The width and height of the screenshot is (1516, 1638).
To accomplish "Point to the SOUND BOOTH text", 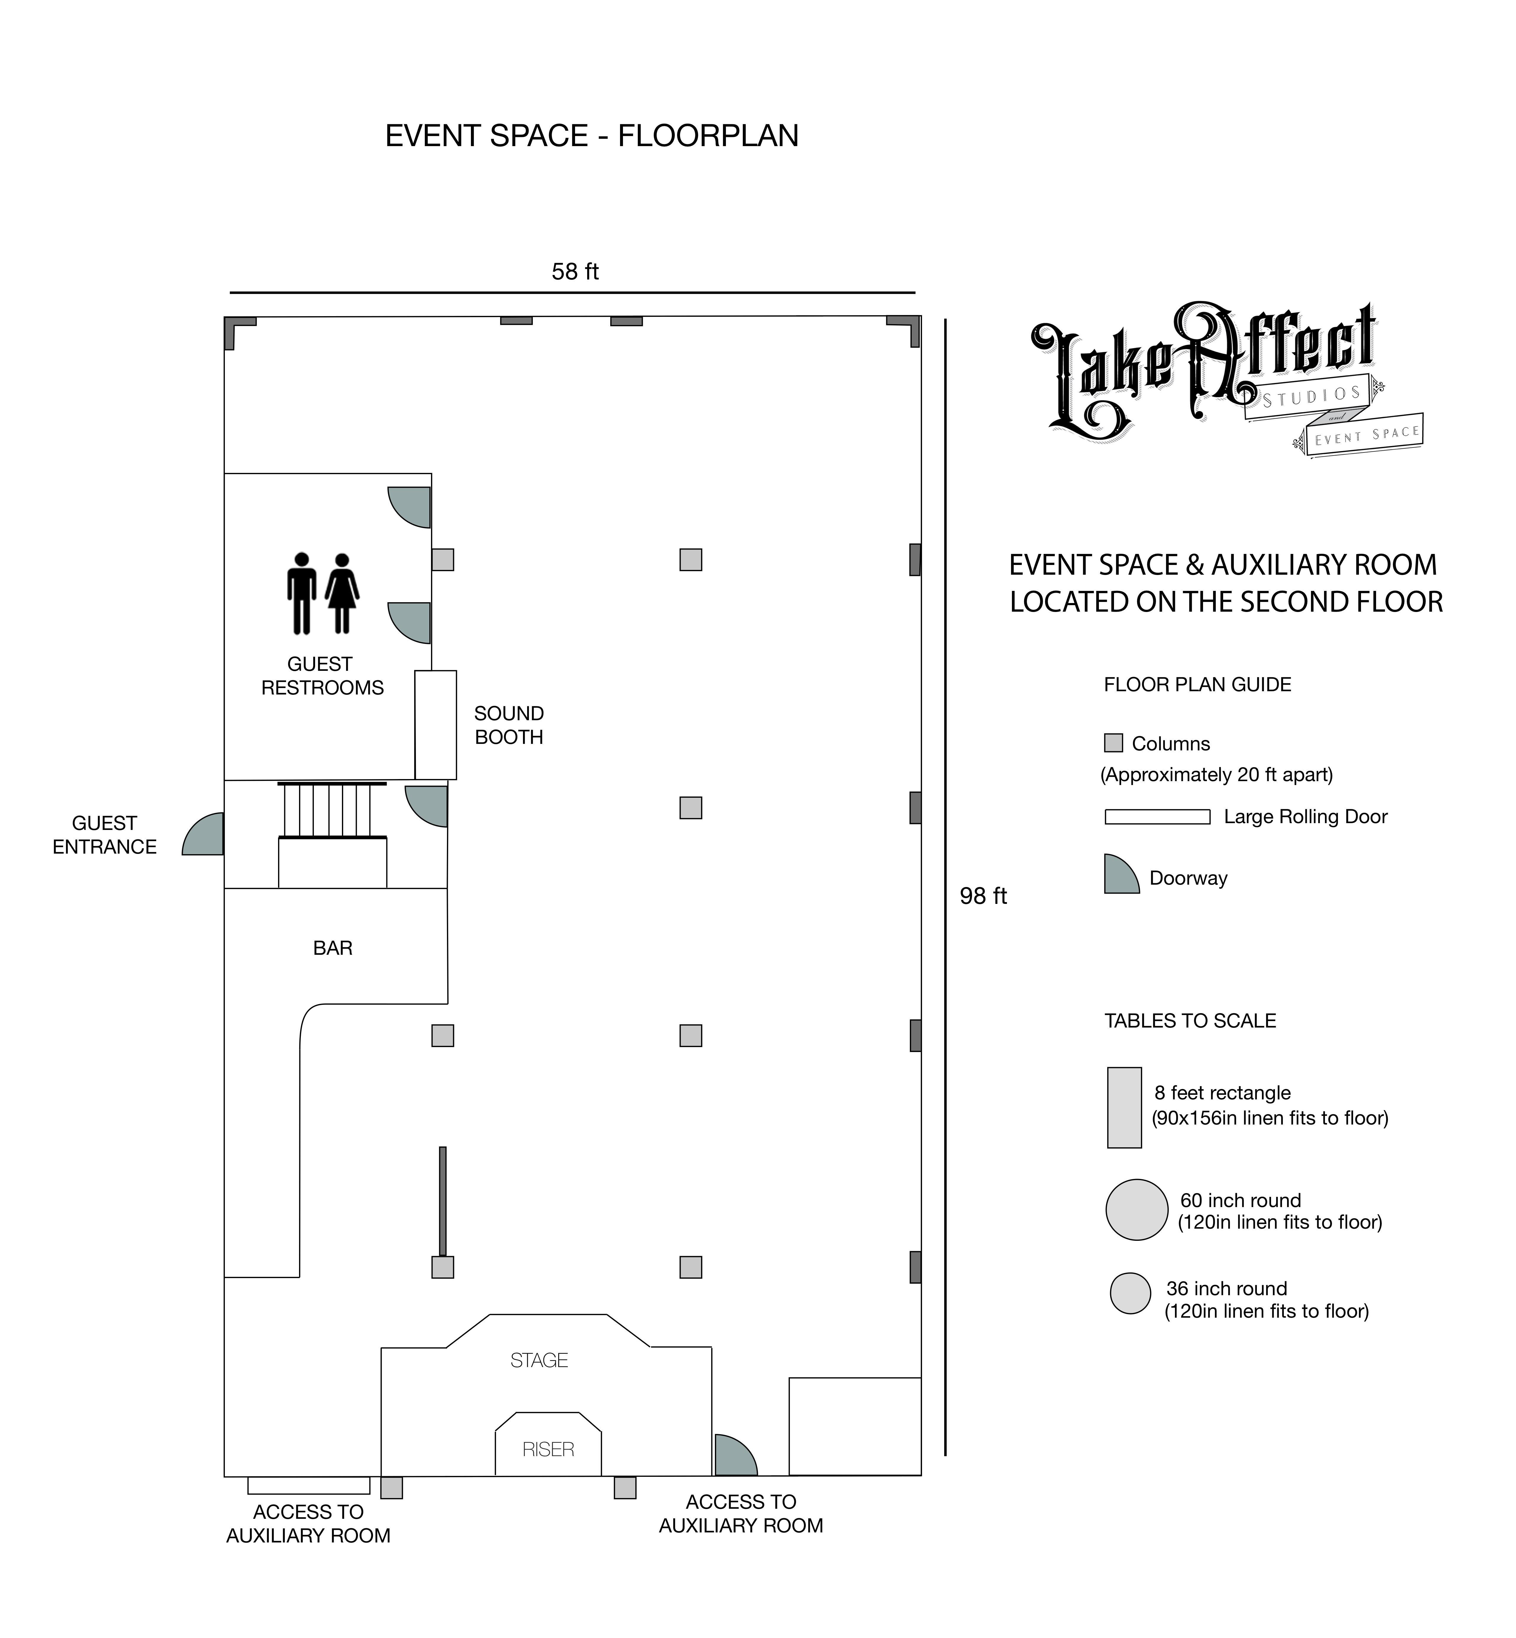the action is pos(508,725).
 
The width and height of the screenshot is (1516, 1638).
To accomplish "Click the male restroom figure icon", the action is pos(302,593).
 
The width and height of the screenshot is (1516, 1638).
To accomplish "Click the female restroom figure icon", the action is pos(342,593).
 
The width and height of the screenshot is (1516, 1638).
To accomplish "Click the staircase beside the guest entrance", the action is pos(332,810).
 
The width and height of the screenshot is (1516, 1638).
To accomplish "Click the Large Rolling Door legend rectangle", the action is pos(1157,817).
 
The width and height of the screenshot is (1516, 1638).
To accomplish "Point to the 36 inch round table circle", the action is pos(1131,1293).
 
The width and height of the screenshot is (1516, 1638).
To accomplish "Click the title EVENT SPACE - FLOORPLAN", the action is pos(592,135).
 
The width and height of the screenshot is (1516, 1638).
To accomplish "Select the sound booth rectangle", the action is pos(436,725).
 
